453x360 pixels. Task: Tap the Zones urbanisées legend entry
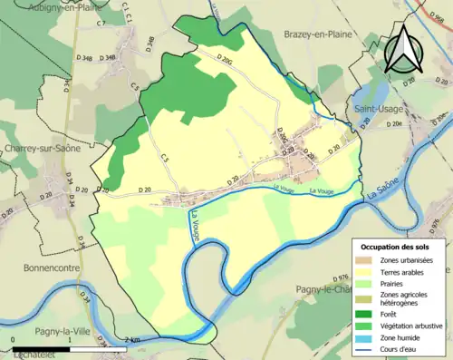406,260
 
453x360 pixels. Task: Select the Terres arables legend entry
401,270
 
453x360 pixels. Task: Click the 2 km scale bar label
134,340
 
